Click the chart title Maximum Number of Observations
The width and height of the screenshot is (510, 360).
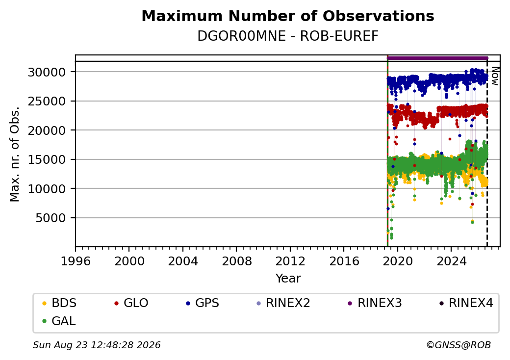[x=288, y=16]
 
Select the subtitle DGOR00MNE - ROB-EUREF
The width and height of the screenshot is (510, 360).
[x=288, y=36]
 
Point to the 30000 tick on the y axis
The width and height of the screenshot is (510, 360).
[x=47, y=72]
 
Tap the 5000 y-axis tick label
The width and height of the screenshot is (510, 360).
[x=51, y=218]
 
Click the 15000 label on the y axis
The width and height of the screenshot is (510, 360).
[x=47, y=160]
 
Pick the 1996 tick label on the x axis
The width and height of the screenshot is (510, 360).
[x=76, y=261]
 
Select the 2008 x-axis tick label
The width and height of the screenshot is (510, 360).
[x=236, y=261]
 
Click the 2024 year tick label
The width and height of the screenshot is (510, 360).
[x=451, y=261]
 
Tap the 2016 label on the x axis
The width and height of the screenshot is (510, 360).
[x=344, y=261]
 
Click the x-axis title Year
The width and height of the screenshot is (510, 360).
[x=288, y=279]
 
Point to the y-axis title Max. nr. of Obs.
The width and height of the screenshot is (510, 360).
[x=15, y=154]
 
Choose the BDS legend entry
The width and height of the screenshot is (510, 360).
[x=59, y=303]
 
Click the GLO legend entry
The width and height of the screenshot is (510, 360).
[x=131, y=303]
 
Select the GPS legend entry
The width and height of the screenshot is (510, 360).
[x=203, y=303]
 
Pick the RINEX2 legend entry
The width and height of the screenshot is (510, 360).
[x=283, y=303]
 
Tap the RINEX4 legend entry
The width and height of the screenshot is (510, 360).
[x=466, y=303]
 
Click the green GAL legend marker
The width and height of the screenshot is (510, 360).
[x=45, y=321]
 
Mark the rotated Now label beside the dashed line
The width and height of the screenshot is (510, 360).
[x=495, y=76]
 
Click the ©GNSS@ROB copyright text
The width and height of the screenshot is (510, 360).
[x=459, y=345]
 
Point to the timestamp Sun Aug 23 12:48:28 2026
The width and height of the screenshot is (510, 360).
[x=97, y=345]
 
